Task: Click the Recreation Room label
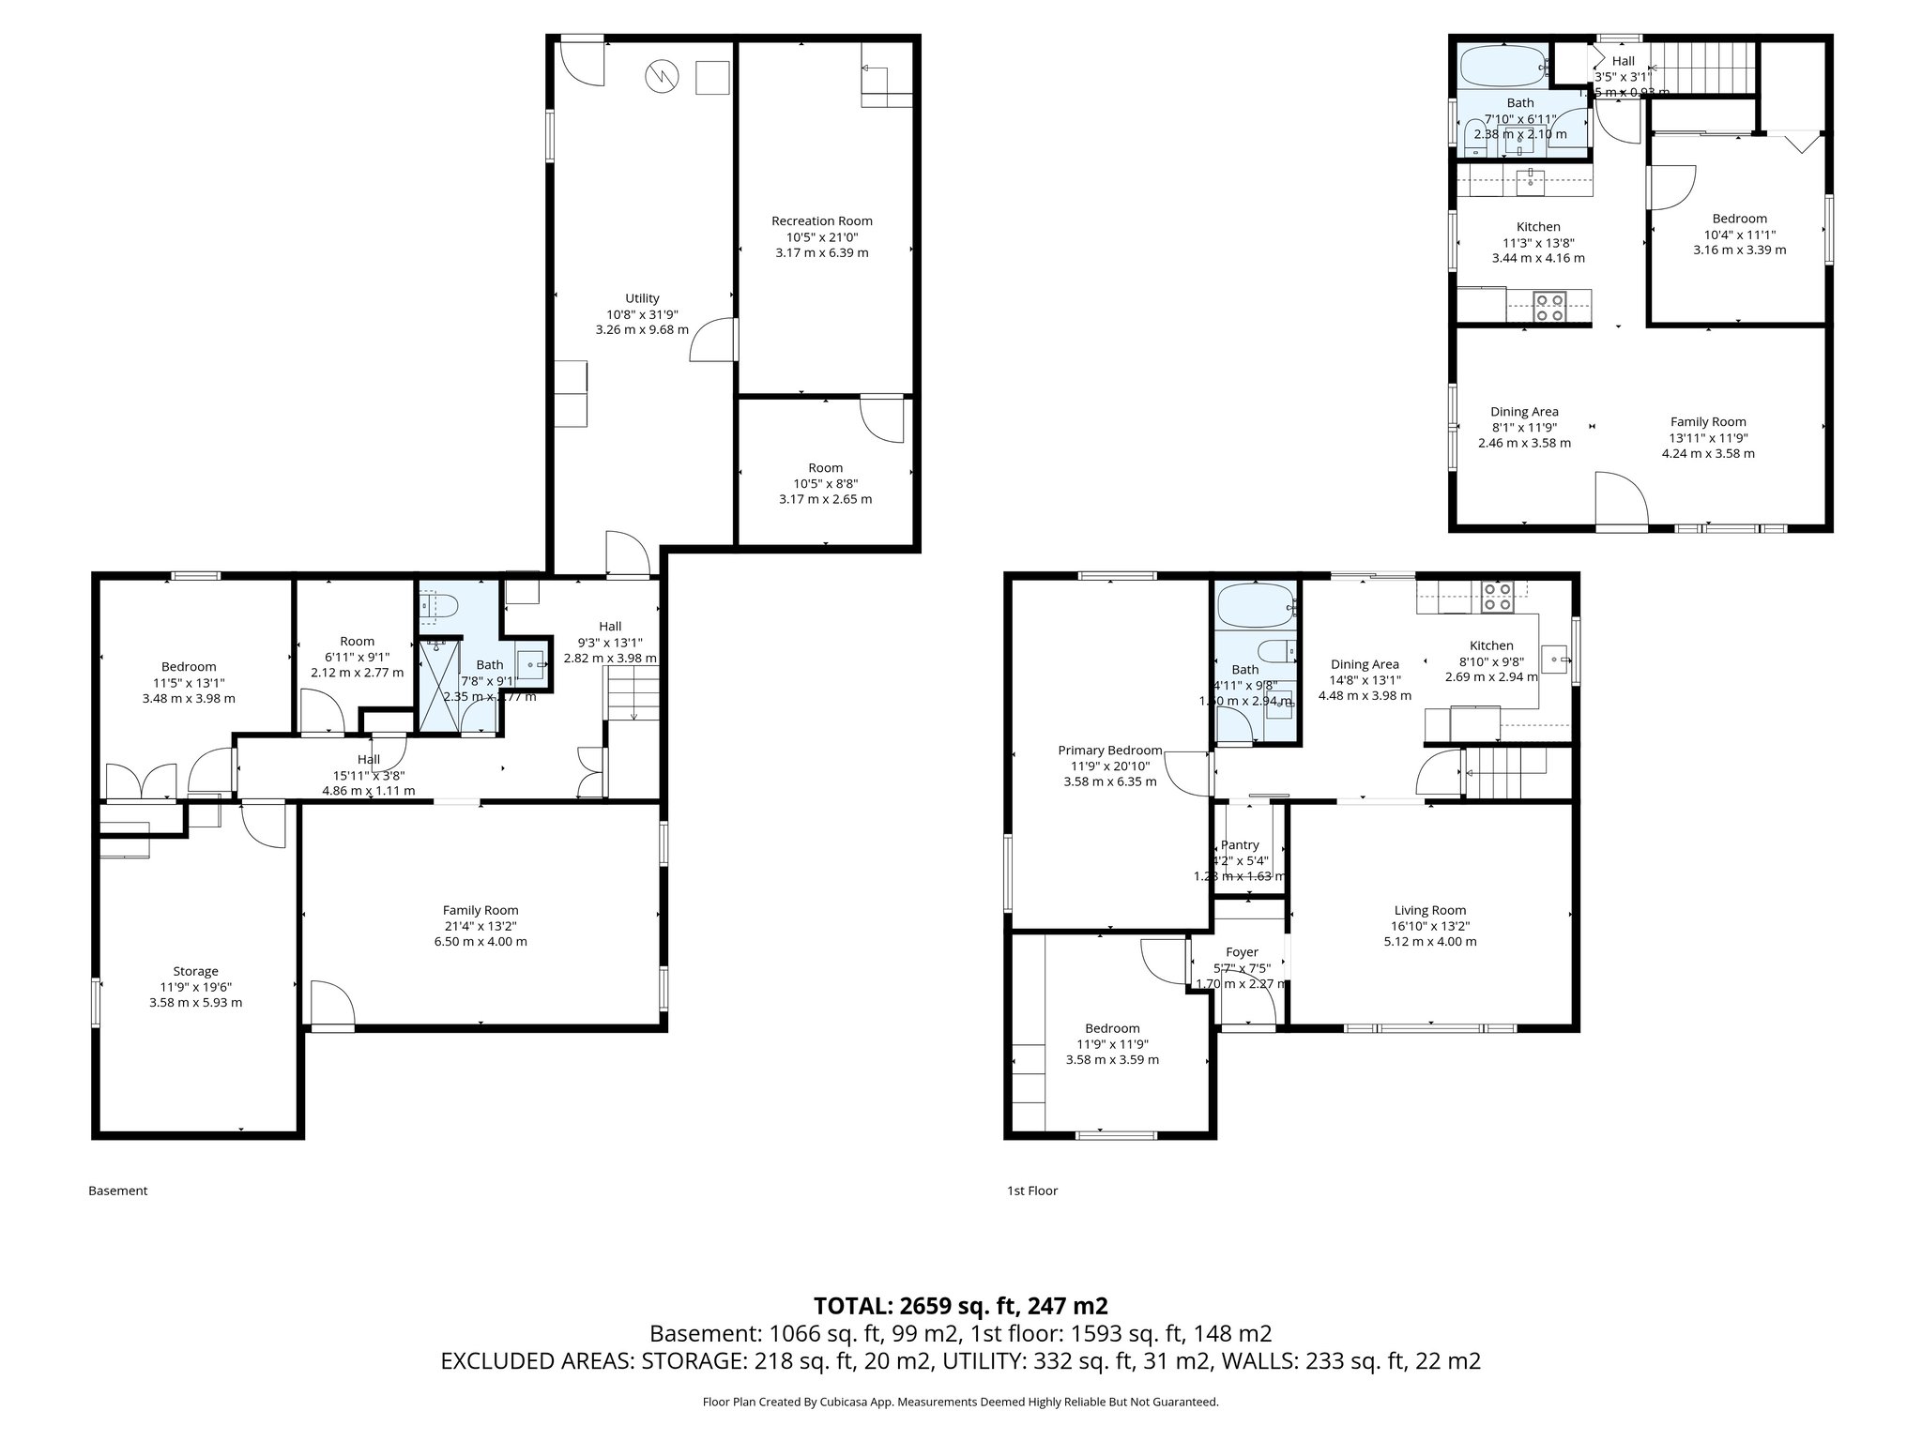point(821,221)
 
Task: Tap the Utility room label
point(642,299)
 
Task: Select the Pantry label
point(1239,845)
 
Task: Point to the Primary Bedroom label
point(1109,751)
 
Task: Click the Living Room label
point(1429,910)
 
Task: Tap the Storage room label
point(195,972)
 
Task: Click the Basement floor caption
point(117,1191)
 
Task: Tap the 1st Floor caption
point(1031,1191)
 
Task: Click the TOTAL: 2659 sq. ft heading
point(960,1306)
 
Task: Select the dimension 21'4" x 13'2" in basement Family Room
point(480,926)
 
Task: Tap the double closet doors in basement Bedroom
point(141,782)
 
